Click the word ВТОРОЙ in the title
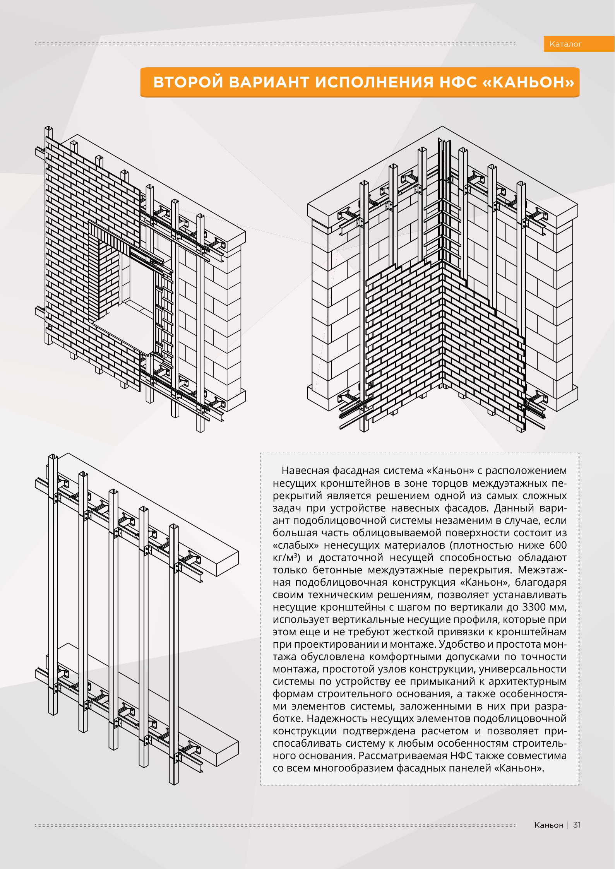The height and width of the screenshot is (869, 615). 188,82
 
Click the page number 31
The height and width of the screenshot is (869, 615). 577,825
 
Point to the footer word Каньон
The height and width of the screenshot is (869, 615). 548,825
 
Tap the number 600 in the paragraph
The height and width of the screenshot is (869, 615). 558,545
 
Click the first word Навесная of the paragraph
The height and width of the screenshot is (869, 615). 305,471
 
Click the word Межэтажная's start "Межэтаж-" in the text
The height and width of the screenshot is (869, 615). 542,570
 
